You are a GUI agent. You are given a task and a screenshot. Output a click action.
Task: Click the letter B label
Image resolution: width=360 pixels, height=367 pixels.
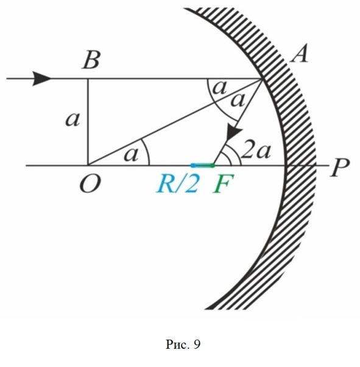coord(91,60)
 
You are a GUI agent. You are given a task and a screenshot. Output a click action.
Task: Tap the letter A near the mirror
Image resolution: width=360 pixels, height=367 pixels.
coord(299,54)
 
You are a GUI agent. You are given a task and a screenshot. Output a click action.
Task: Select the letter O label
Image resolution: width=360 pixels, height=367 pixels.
coord(90,184)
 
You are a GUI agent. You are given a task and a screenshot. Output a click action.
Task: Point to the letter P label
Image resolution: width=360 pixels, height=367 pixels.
coord(340,167)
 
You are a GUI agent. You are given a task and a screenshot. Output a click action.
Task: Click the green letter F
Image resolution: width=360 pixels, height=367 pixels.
coord(224,184)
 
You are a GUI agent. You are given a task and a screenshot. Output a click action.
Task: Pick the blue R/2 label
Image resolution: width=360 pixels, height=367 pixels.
coord(178,184)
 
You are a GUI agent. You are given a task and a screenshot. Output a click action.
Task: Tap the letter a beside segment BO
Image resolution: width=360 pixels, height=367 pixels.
coord(72,119)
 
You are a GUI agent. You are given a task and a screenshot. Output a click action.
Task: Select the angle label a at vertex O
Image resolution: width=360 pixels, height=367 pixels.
coord(131,154)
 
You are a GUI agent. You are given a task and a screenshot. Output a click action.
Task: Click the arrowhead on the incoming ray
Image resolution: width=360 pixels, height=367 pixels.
coord(42,79)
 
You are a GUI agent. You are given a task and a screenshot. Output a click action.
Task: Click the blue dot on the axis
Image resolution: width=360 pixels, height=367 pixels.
coord(192,166)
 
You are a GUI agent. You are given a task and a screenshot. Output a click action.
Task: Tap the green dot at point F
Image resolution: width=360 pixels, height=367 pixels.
coord(212,166)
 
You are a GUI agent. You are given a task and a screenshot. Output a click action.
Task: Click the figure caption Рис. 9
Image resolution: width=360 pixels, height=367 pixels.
coord(183,344)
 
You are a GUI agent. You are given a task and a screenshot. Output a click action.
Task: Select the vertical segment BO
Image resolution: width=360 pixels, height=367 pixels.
coord(88,122)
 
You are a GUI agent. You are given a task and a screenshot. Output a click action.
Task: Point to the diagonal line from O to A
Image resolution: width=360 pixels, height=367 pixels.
coord(175,122)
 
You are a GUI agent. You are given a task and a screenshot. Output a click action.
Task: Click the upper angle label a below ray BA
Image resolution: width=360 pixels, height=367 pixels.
coord(220,88)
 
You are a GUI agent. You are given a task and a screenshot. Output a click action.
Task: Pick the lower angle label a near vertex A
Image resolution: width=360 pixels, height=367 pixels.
coord(238,100)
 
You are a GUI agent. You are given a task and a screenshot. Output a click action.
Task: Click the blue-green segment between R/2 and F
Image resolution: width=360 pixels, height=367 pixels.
coord(203,166)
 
